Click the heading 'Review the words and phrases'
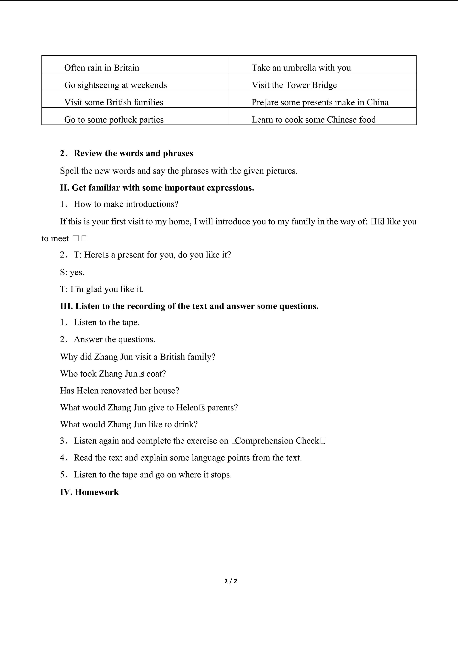point(133,153)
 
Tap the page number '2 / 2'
point(230,581)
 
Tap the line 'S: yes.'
point(72,272)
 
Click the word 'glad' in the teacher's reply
point(94,289)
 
